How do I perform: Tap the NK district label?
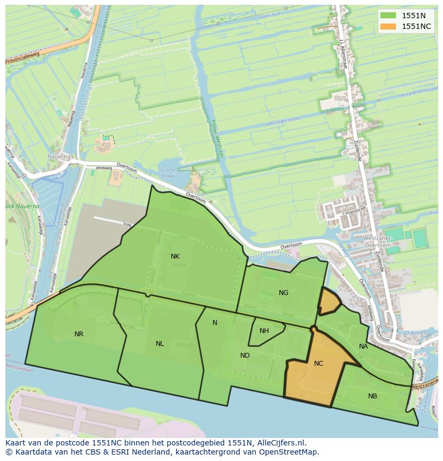(175, 256)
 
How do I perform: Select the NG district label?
(284, 292)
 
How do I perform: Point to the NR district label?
(79, 334)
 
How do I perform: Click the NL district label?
(159, 344)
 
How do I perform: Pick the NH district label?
(264, 331)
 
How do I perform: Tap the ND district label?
(245, 356)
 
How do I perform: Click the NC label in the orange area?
(318, 364)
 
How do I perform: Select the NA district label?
(363, 346)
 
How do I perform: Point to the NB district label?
(372, 396)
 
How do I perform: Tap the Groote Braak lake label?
(168, 172)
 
